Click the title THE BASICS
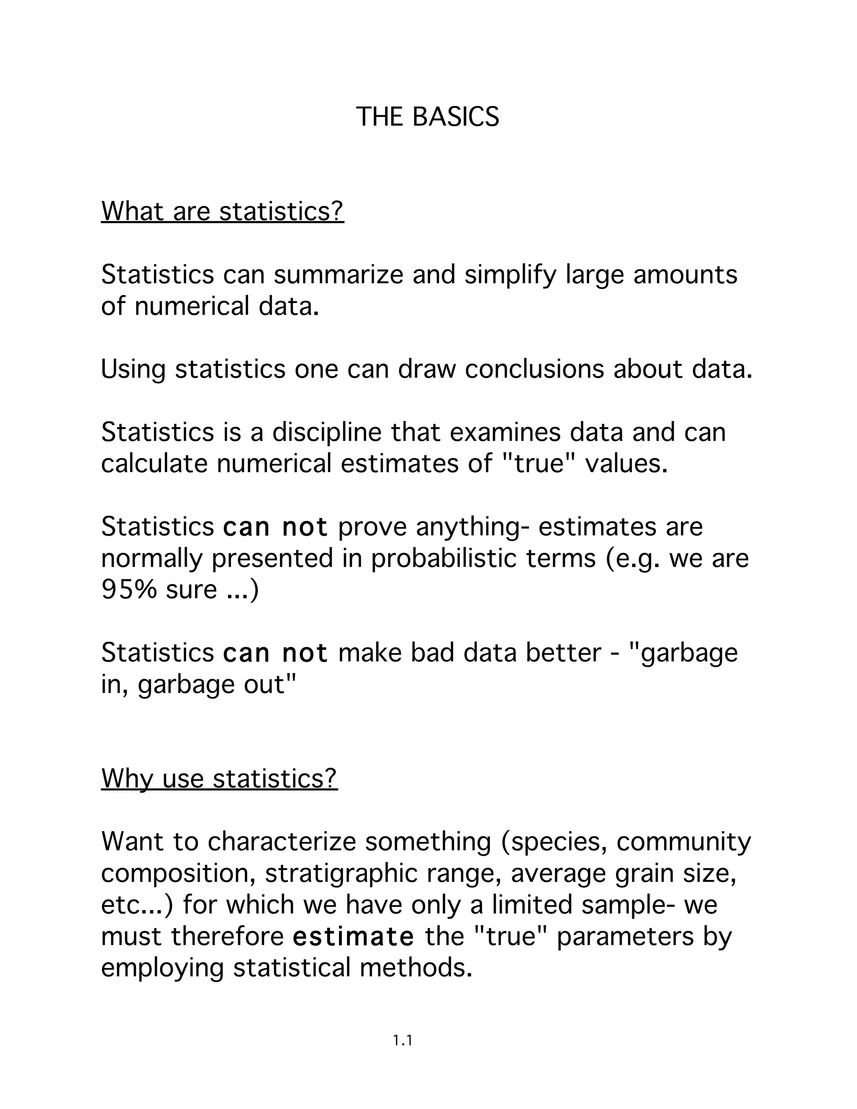click(x=428, y=117)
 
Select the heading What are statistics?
click(x=222, y=211)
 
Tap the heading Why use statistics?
click(x=219, y=778)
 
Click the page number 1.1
click(x=402, y=1041)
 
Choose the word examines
click(x=505, y=432)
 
